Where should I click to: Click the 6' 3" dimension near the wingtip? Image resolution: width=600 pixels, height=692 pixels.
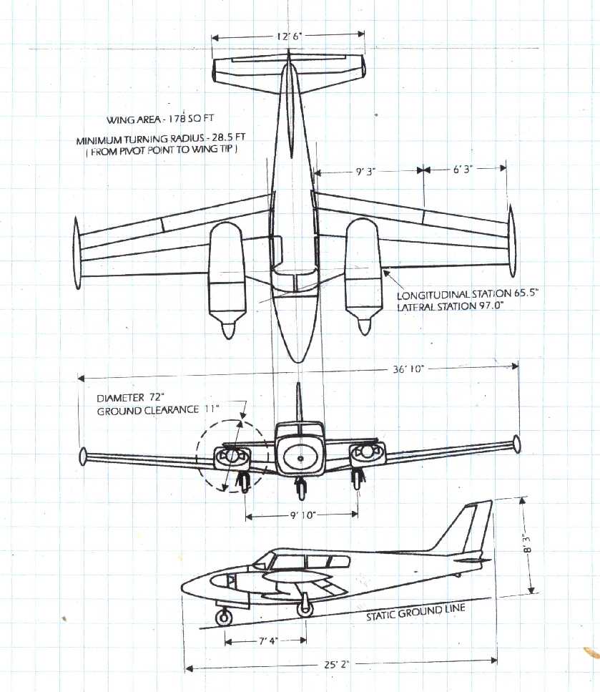coord(464,169)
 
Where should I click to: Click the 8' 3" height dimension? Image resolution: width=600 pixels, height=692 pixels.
coord(530,547)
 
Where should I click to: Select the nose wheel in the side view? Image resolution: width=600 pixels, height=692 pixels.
coord(224,615)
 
